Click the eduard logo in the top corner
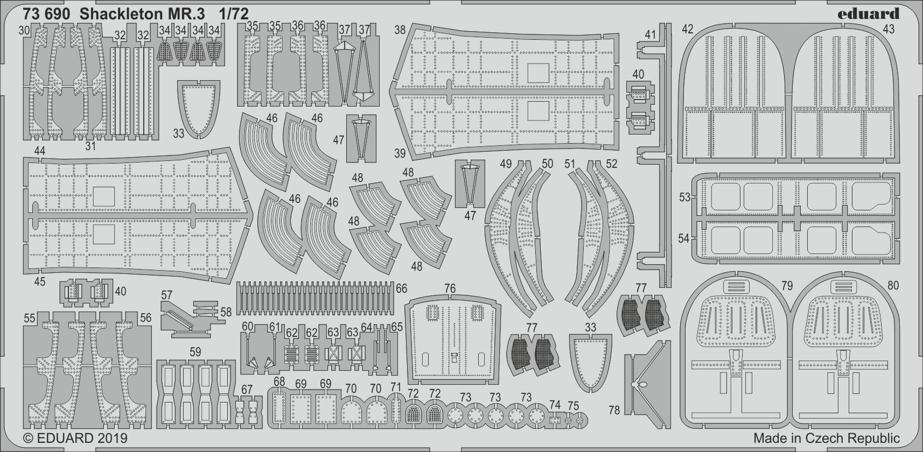point(869,13)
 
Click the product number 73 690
point(47,15)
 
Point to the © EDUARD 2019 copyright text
point(76,438)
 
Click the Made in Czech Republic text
point(826,438)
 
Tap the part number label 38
point(400,30)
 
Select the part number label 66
point(401,288)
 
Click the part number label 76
point(450,288)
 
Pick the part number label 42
point(688,29)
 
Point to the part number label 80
point(893,285)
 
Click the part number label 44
point(39,151)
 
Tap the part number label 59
point(195,352)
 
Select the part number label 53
point(684,197)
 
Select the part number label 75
point(574,406)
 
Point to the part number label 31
point(90,145)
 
